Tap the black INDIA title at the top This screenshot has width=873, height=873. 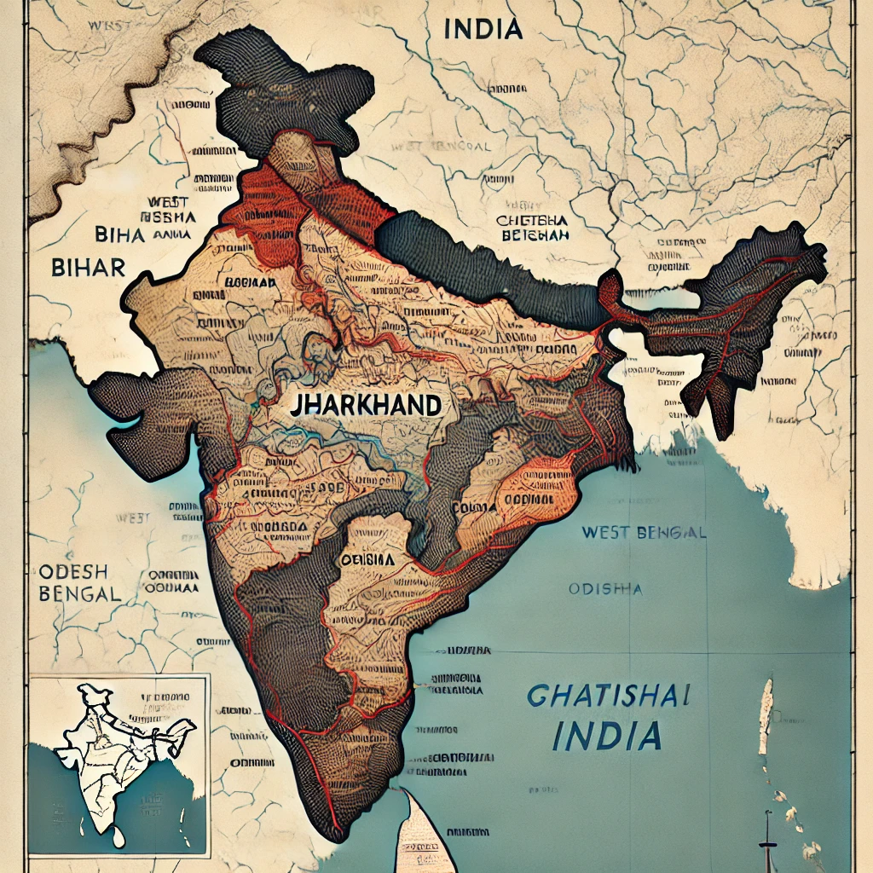coord(483,29)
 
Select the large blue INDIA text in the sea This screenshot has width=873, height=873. coord(606,734)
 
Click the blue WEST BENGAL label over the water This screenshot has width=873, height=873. coord(644,533)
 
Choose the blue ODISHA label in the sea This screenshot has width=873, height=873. coord(604,588)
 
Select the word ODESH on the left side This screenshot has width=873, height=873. coord(72,571)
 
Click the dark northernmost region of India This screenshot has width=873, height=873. coord(281,85)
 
